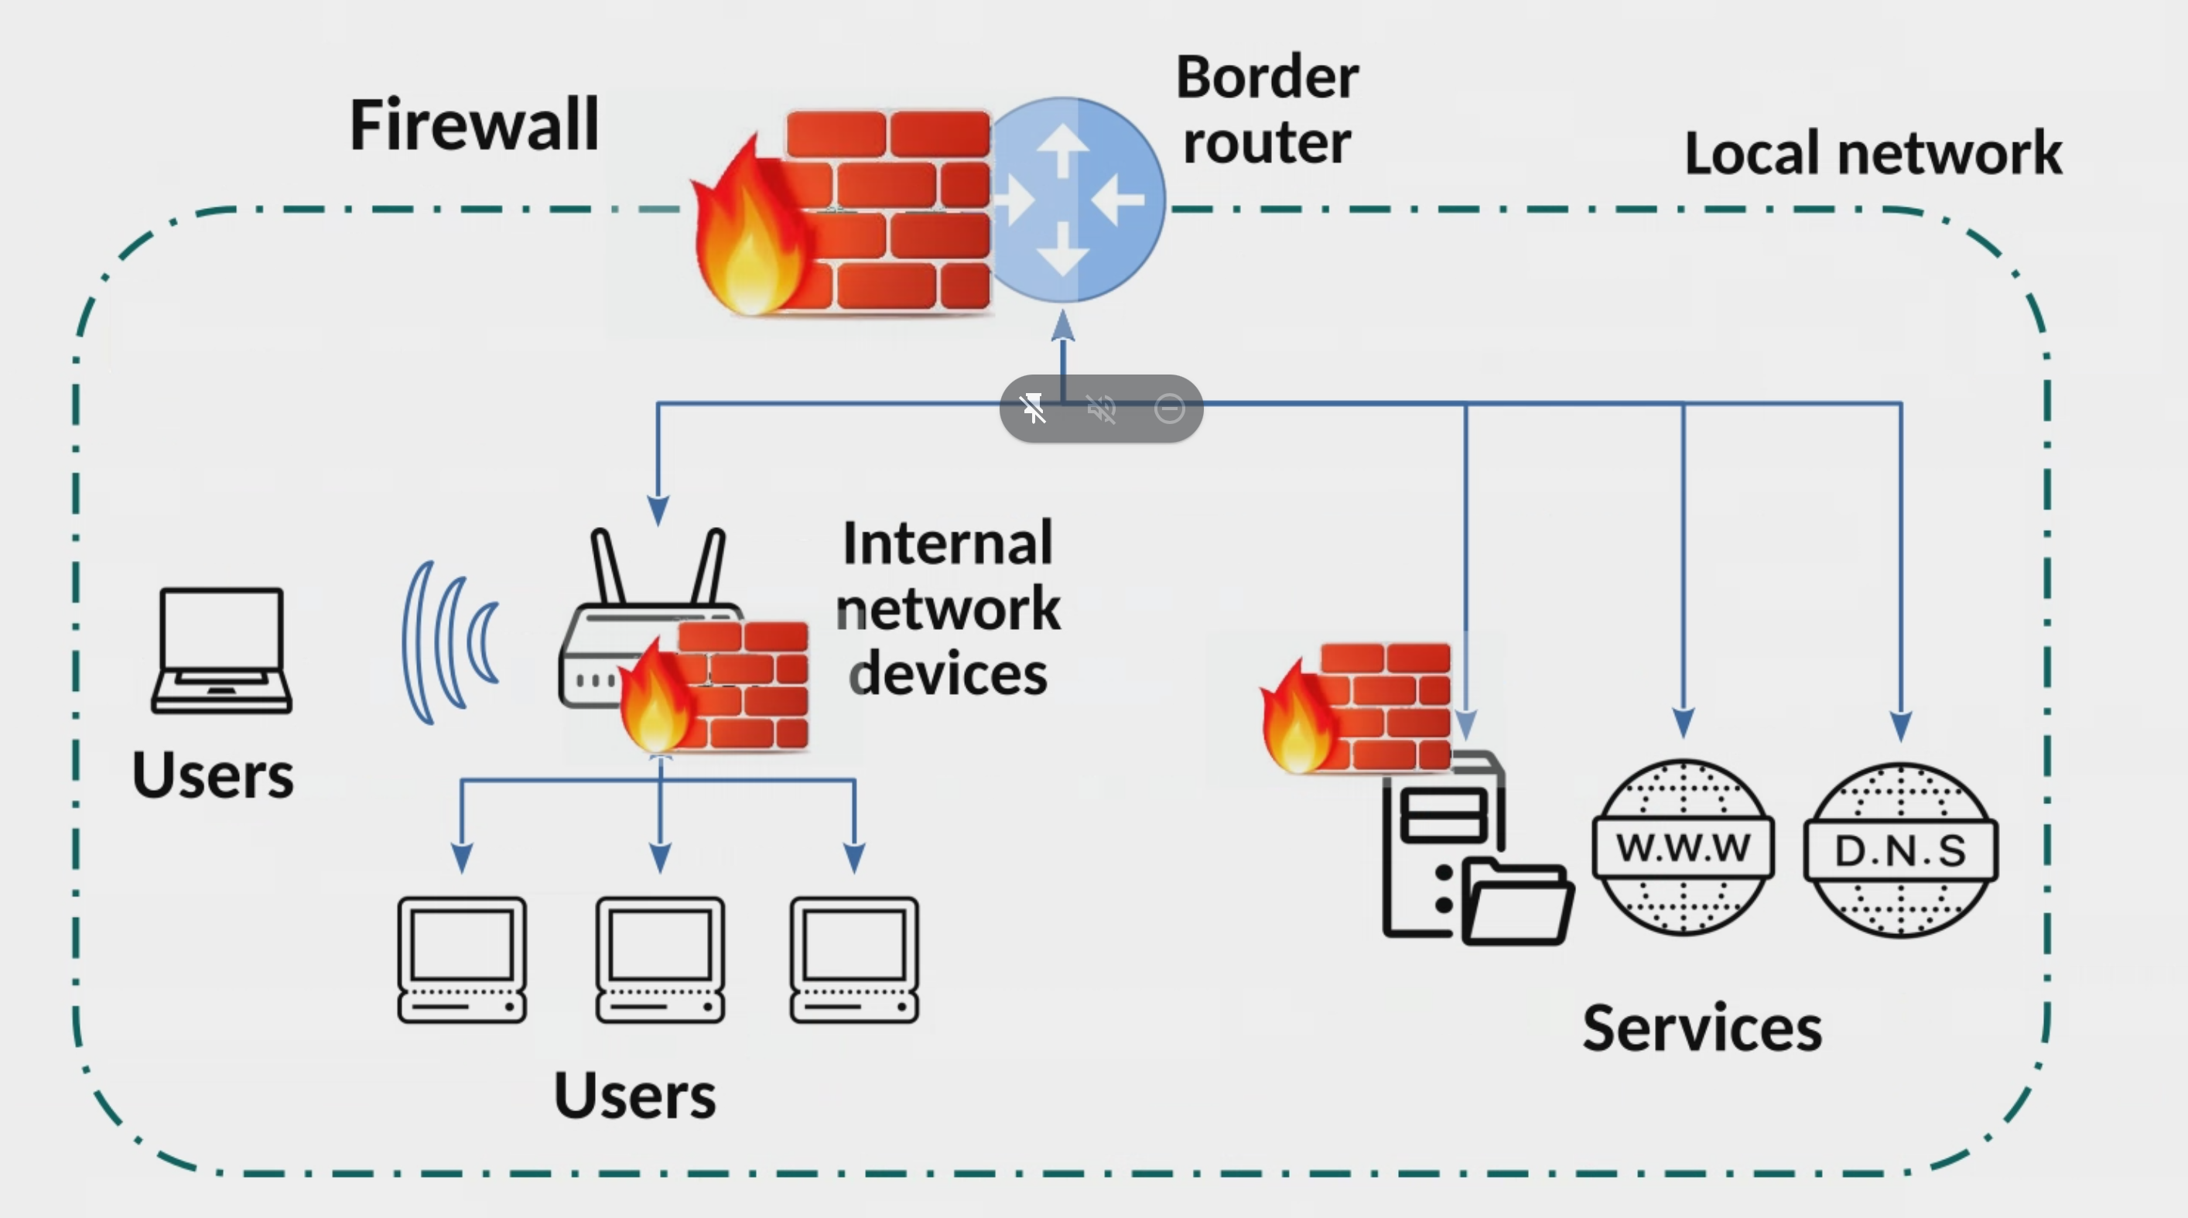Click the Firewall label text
pyautogui.click(x=474, y=125)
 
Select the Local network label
pyautogui.click(x=1873, y=154)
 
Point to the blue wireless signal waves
pyautogui.click(x=450, y=642)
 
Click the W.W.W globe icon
pyautogui.click(x=1683, y=847)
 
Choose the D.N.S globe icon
pyautogui.click(x=1900, y=850)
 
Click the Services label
pyautogui.click(x=1702, y=1028)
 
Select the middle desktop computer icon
pyautogui.click(x=660, y=959)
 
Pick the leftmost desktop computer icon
pyautogui.click(x=462, y=959)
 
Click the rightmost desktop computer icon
pyautogui.click(x=853, y=959)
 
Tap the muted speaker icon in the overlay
pyautogui.click(x=1101, y=409)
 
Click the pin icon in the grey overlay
pyautogui.click(x=1034, y=409)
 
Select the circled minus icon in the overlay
pyautogui.click(x=1170, y=409)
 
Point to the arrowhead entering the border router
pyautogui.click(x=1062, y=327)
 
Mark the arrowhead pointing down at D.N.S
pyautogui.click(x=1901, y=726)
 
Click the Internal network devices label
pyautogui.click(x=948, y=608)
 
